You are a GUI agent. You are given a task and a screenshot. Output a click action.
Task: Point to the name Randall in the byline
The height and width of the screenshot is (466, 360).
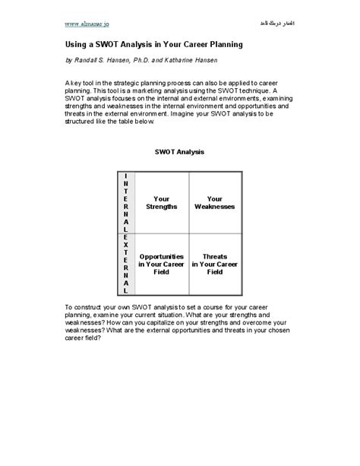click(90, 59)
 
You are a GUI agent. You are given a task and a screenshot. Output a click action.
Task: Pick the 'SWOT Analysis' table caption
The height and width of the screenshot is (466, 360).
click(179, 152)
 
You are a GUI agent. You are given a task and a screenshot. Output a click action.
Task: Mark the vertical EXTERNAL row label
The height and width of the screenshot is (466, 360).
click(125, 264)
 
